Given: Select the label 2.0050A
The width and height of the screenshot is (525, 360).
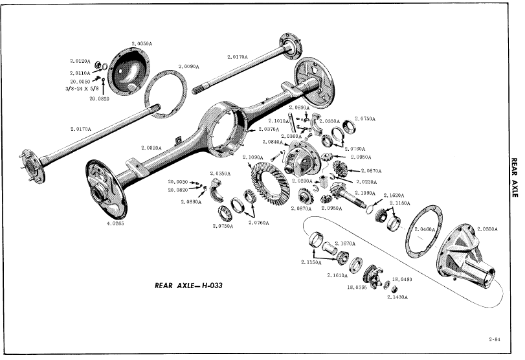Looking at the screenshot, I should [142, 43].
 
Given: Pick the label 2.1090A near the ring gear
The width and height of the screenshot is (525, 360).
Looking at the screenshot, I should [252, 157].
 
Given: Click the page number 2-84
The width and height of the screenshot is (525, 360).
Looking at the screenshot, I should [495, 337].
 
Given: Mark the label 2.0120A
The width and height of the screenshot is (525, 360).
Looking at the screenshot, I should [81, 63].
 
